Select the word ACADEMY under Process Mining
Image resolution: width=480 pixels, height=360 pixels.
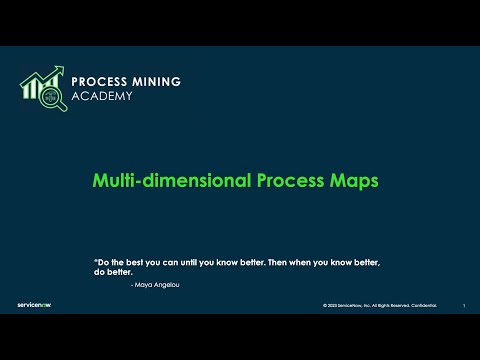[x=101, y=97]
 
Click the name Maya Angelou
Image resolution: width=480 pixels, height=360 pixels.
[x=156, y=284]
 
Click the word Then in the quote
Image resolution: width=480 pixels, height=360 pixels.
[x=268, y=262]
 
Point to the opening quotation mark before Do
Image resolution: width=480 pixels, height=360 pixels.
[x=95, y=260]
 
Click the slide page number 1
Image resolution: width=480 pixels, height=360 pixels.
[x=464, y=305]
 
